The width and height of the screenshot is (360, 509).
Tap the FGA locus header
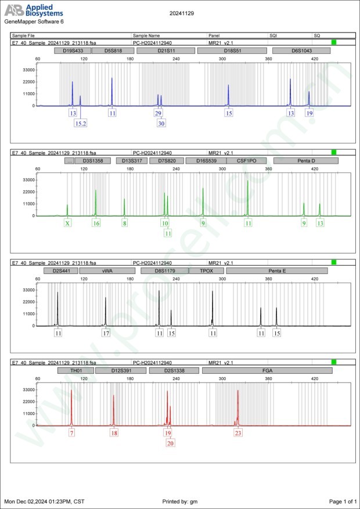click(267, 370)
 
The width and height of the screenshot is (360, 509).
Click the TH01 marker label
click(74, 370)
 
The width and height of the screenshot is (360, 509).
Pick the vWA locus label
click(107, 270)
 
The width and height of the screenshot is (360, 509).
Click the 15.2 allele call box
click(80, 123)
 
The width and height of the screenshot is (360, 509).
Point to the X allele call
click(67, 223)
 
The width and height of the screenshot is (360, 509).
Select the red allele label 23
click(238, 432)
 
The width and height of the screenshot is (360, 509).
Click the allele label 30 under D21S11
click(161, 123)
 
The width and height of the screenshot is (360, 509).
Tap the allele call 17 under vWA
click(106, 333)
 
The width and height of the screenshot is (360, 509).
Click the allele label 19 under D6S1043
click(309, 113)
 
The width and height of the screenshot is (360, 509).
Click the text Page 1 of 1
click(342, 501)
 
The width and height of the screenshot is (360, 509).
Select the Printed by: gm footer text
click(180, 501)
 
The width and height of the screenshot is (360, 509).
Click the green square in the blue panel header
click(333, 42)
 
